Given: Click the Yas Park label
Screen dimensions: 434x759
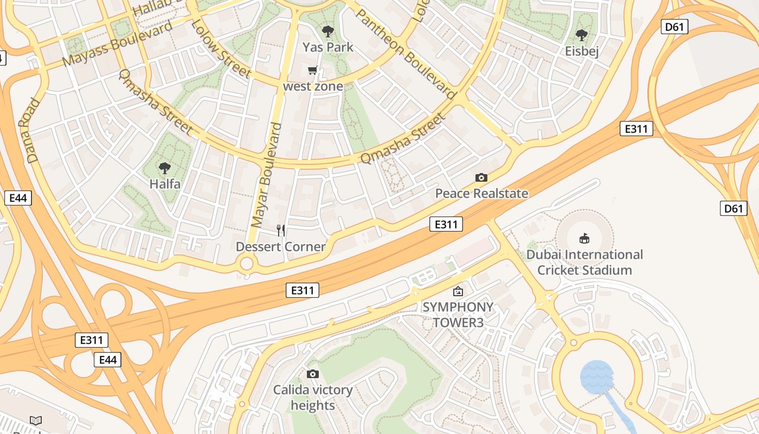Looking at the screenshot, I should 328,47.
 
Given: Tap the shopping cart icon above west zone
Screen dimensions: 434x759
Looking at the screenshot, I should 313,71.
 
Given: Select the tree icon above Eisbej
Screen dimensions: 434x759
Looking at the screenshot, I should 582,36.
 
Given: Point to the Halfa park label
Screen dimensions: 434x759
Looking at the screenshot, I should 165,184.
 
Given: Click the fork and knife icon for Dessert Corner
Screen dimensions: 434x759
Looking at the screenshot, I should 281,231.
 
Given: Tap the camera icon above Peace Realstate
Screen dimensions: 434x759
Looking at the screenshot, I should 481,177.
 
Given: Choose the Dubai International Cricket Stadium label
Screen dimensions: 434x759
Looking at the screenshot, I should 584,262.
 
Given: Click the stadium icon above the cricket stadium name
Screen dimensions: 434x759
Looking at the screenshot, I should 584,238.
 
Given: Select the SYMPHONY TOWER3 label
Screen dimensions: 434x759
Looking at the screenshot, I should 458,315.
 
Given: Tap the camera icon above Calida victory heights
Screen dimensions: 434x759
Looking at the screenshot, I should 313,374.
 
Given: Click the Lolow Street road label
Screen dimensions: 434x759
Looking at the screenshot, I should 221,48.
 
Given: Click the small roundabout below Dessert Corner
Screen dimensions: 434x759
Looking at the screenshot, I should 247,264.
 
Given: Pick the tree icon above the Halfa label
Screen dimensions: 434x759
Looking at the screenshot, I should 165,168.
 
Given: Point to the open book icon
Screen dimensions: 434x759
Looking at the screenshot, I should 36,420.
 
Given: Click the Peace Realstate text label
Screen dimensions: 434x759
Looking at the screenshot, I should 481,194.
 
